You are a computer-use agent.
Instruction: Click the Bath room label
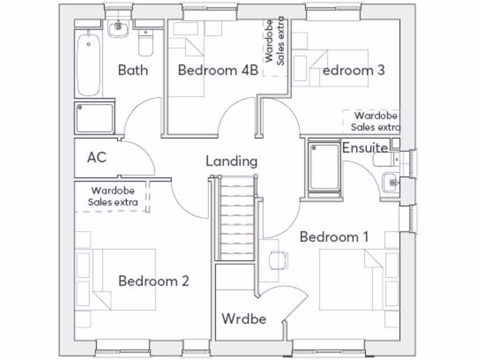pos(133,70)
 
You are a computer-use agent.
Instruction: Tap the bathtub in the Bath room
pos(89,65)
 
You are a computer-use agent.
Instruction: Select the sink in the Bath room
pos(118,29)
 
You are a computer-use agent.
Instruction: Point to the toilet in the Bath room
pos(146,43)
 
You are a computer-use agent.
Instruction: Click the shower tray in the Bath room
pos(95,118)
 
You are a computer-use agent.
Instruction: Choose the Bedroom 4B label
pos(218,70)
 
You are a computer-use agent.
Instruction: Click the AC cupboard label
pos(97,157)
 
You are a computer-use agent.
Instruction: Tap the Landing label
pos(232,161)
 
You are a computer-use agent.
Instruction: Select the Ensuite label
pos(365,148)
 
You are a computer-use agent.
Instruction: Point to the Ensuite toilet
pos(386,159)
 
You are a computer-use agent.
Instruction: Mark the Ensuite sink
pos(390,183)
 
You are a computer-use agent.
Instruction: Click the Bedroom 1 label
pos(334,237)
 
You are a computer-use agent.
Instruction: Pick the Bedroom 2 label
pos(154,281)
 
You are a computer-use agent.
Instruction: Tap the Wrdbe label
pos(244,319)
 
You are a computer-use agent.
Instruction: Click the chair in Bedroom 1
pos(278,260)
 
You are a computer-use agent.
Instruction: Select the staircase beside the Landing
pos(235,218)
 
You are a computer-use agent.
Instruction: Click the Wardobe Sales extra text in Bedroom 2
pos(113,196)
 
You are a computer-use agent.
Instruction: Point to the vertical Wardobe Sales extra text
pos(275,41)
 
